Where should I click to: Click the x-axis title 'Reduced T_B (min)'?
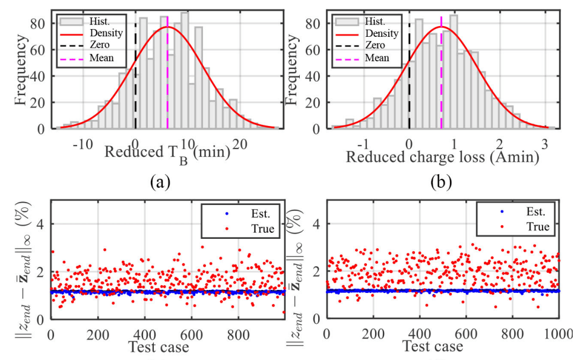point(167,153)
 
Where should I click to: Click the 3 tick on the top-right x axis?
point(545,144)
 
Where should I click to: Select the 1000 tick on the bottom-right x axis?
point(557,334)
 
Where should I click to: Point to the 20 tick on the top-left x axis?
point(240,144)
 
